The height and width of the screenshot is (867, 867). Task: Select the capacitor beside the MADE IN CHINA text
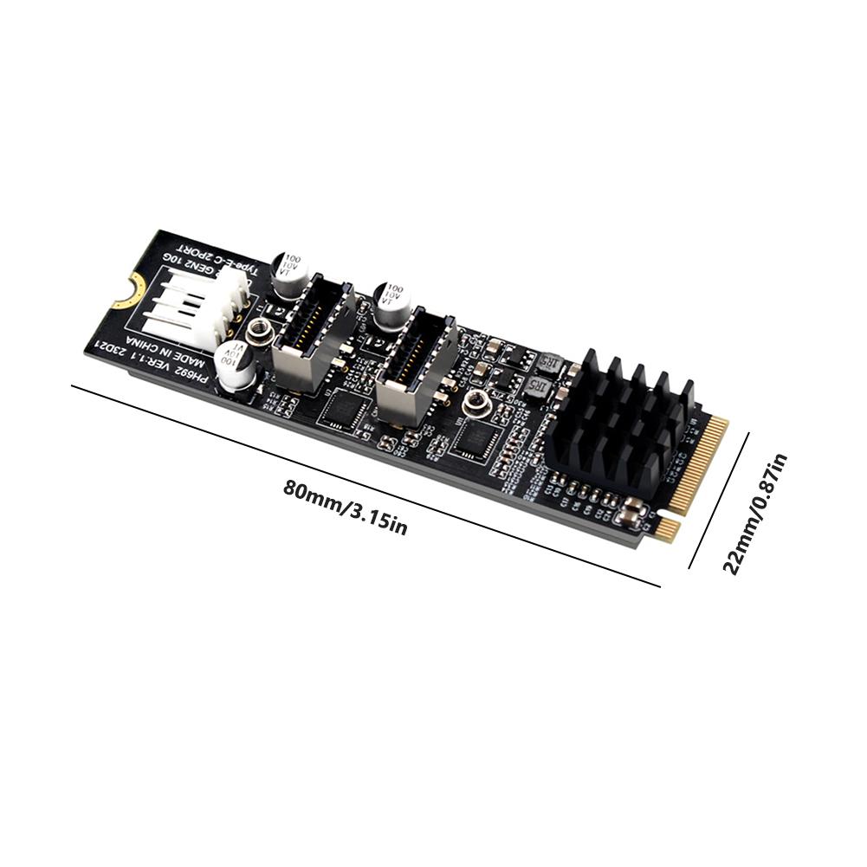point(236,363)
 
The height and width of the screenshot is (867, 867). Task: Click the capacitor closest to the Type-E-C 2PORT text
point(289,274)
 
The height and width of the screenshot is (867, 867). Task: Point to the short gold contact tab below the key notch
point(665,529)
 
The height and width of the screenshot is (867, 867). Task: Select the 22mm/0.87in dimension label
point(754,513)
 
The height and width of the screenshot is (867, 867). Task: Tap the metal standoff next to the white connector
point(256,330)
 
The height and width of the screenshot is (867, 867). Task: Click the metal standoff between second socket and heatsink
point(476,401)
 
